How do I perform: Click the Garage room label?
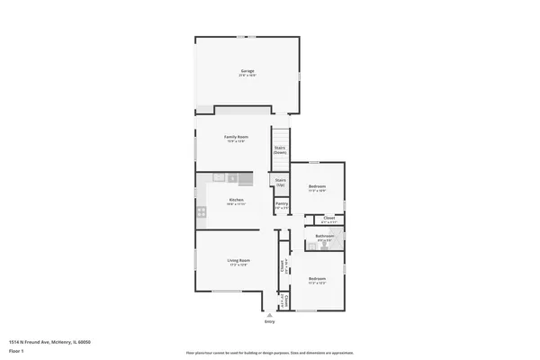coord(247,71)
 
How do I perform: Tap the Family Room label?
coord(236,136)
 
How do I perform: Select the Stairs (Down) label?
coord(280,150)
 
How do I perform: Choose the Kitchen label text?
coord(236,200)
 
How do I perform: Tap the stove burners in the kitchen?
coord(202,212)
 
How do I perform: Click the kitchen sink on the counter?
coord(219,178)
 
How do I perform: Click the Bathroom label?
coord(324,237)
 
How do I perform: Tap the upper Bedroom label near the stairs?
coord(317,187)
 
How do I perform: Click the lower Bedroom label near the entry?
coord(317,279)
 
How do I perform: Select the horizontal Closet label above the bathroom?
coord(329,218)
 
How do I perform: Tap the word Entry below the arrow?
coord(269,321)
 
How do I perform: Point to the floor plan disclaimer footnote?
coord(269,352)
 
